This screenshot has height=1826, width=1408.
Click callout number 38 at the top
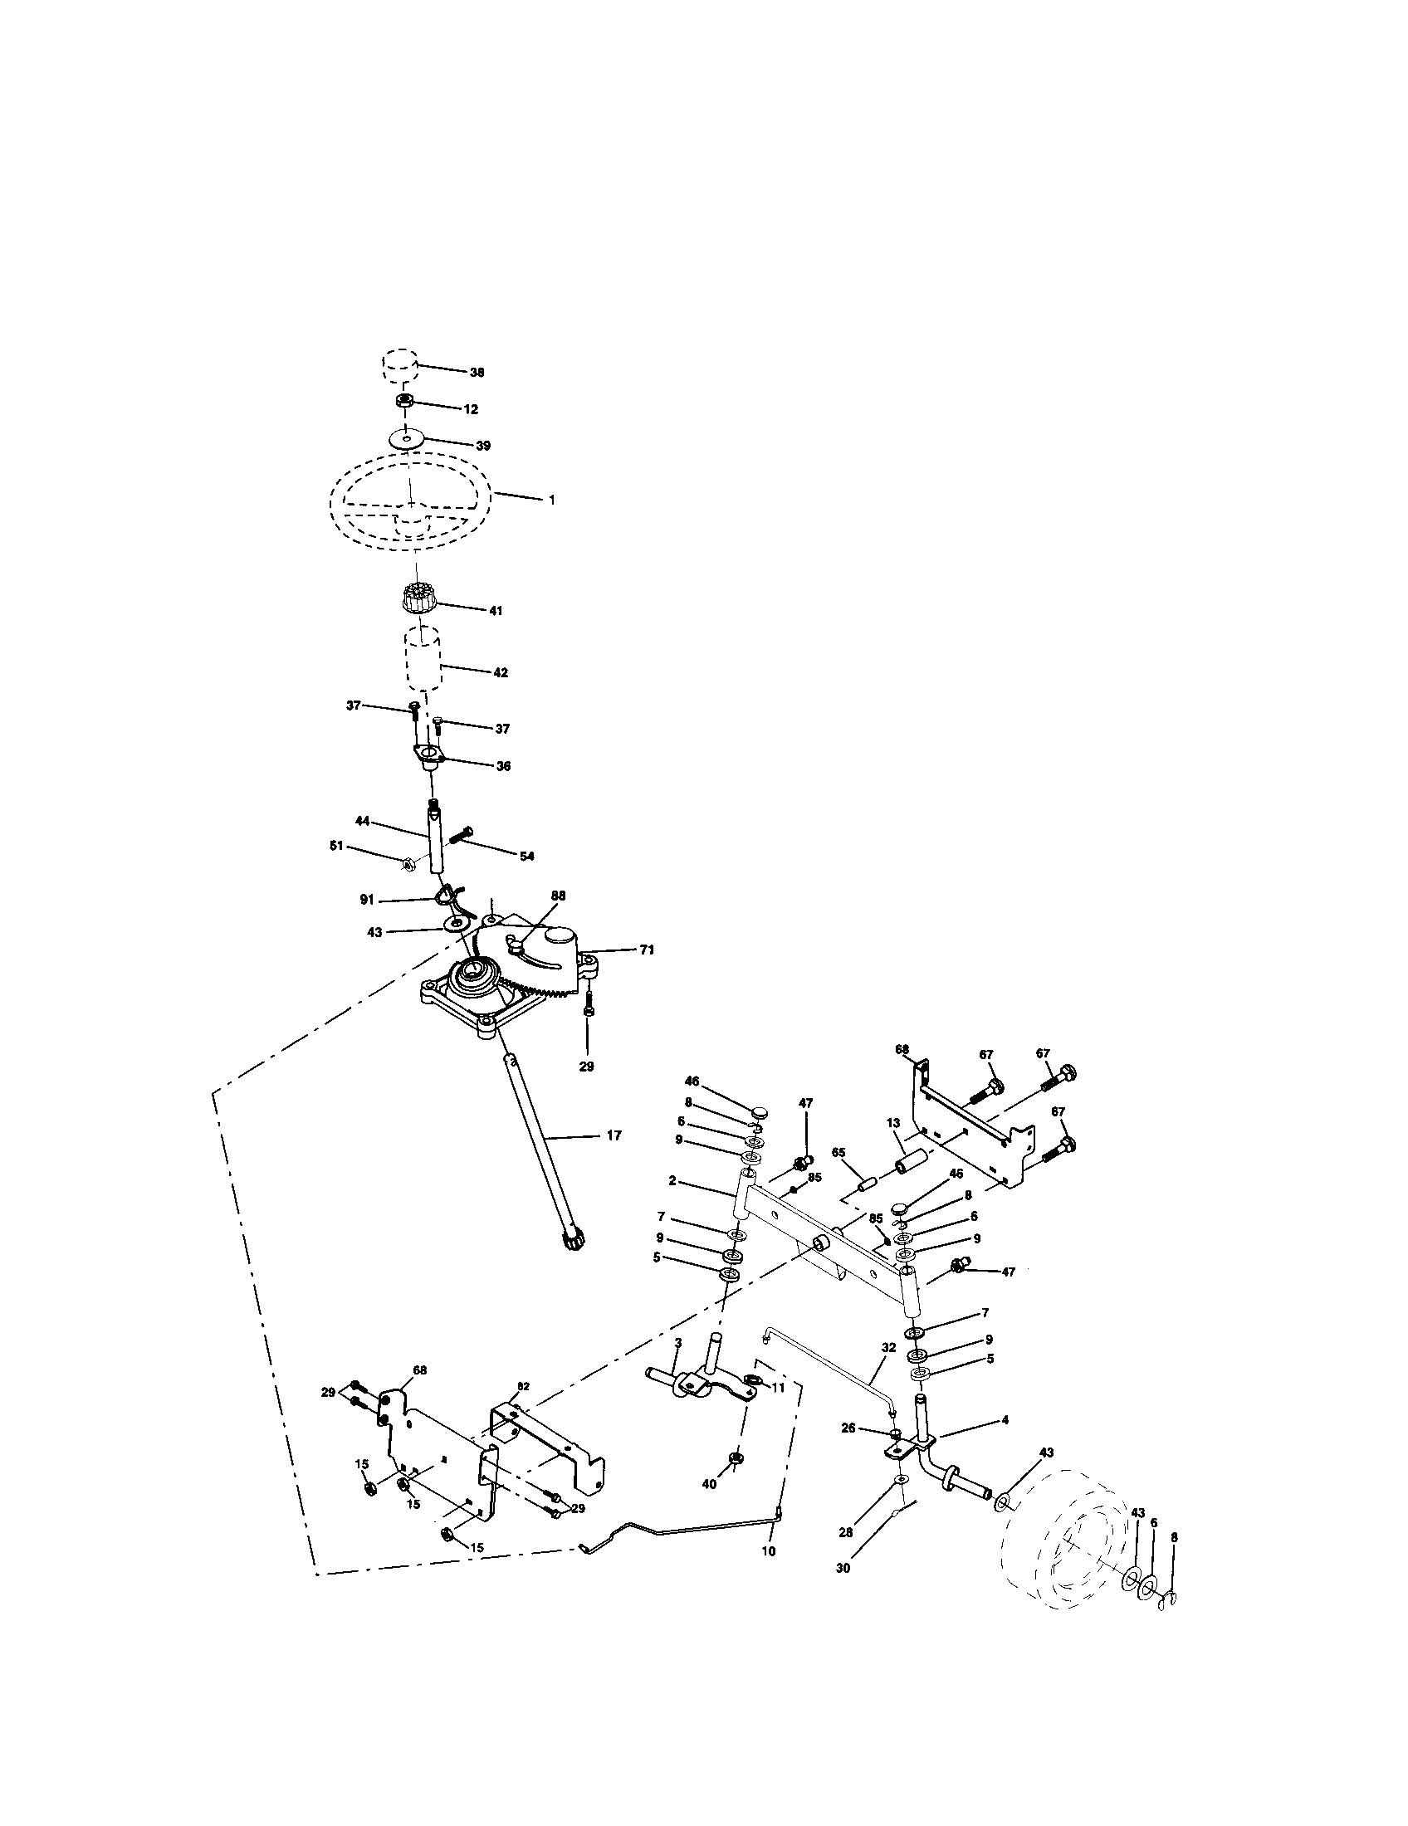[x=477, y=372]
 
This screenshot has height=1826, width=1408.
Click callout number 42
[x=500, y=672]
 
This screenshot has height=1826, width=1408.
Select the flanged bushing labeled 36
[x=428, y=759]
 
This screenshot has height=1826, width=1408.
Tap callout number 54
[x=526, y=857]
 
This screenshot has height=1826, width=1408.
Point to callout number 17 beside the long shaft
[x=614, y=1135]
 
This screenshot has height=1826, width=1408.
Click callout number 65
[x=839, y=1152]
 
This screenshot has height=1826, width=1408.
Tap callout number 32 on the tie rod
[x=888, y=1348]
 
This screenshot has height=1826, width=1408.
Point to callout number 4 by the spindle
[x=1005, y=1419]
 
